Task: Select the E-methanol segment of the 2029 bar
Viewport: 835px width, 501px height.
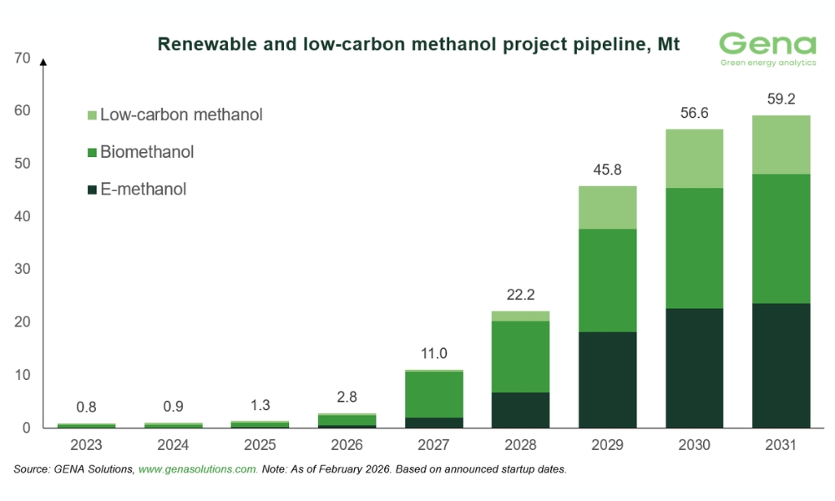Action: (608, 380)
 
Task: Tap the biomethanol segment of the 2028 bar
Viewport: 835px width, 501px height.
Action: (521, 357)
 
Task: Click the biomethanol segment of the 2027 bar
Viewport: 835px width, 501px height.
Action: (434, 394)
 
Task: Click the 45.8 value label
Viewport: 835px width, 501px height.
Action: (608, 170)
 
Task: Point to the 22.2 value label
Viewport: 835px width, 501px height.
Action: (521, 295)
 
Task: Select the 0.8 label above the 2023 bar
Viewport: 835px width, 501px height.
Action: (86, 408)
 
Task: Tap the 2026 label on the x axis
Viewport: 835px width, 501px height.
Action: (347, 445)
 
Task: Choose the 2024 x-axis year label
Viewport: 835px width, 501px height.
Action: (173, 445)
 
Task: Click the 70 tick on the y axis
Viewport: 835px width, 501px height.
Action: (23, 58)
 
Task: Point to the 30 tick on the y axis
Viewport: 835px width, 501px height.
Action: (23, 270)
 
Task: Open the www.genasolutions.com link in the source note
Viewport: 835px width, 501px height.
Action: (198, 470)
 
